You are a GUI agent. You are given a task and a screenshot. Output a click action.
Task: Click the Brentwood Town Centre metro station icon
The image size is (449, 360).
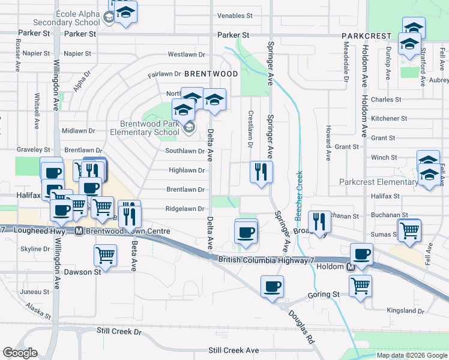click(x=79, y=231)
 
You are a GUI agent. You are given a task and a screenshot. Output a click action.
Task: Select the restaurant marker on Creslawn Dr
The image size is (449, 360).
click(x=261, y=172)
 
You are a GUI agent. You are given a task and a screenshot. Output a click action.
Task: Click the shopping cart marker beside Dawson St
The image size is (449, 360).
click(x=105, y=255)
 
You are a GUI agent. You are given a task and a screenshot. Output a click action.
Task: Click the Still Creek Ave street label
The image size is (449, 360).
click(x=234, y=350)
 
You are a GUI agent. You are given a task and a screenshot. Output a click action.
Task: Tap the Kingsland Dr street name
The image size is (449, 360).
click(x=405, y=311)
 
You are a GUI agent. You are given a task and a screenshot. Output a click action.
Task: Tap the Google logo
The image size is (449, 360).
click(x=20, y=353)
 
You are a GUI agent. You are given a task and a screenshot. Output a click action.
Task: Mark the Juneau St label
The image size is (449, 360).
click(x=34, y=292)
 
